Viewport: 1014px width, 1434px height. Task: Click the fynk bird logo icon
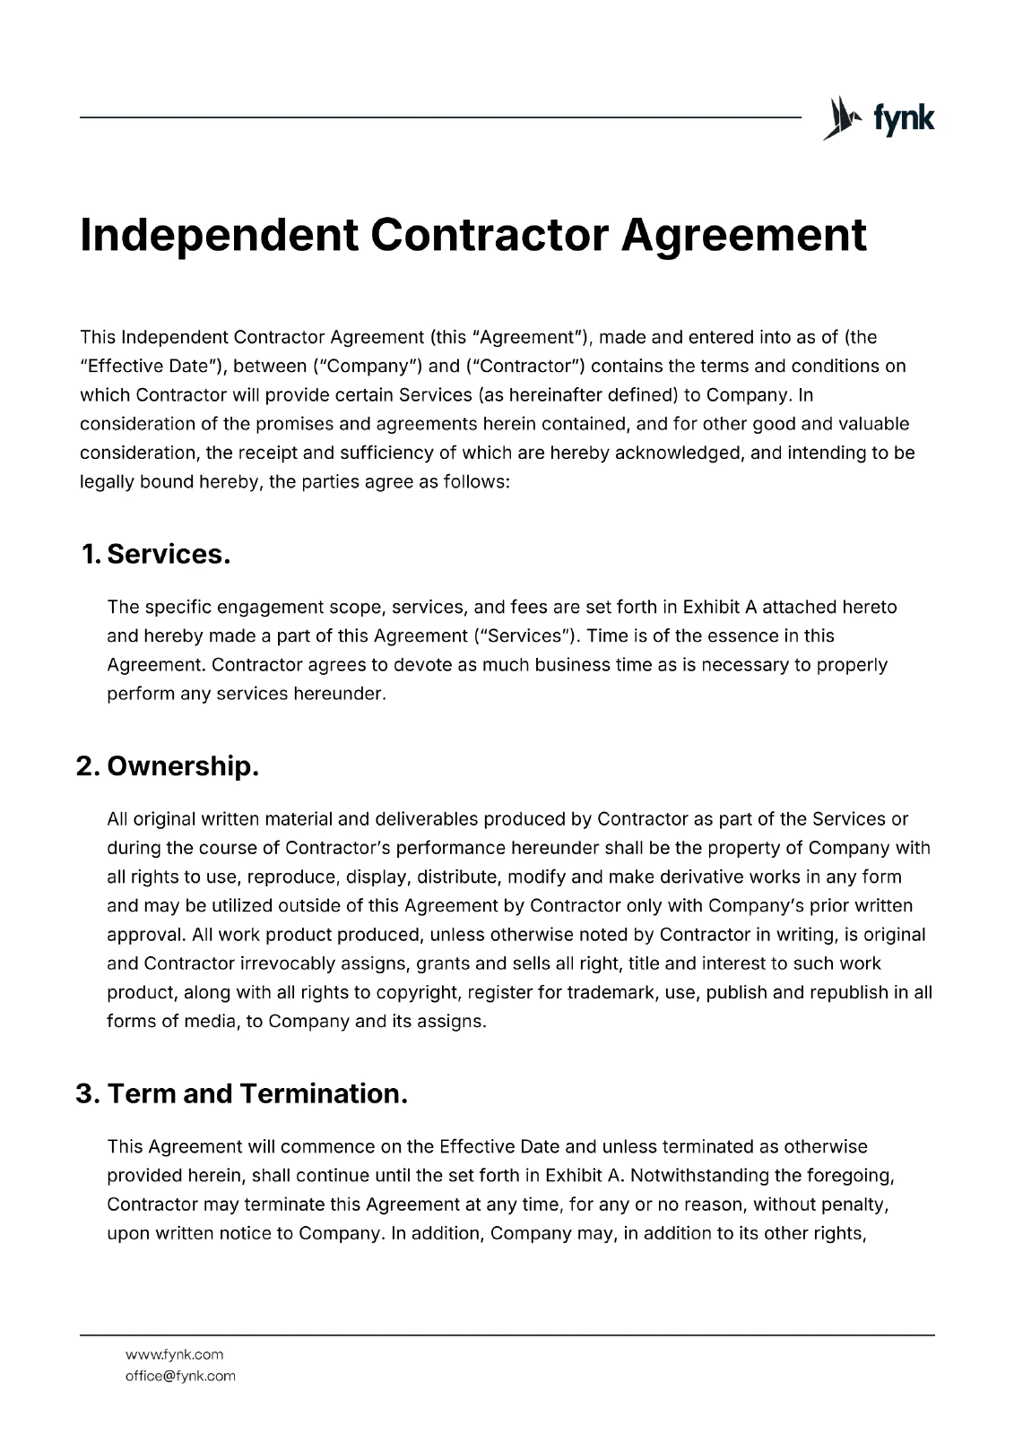coord(841,118)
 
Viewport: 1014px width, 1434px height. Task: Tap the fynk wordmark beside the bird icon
coord(904,118)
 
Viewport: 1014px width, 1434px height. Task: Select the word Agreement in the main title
coord(744,235)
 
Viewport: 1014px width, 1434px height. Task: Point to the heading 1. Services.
coord(156,554)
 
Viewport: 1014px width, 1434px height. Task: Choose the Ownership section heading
coord(169,766)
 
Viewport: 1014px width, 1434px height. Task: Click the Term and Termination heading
coord(242,1093)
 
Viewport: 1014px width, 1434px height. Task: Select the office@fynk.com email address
coord(180,1376)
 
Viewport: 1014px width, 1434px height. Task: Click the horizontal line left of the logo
coord(439,117)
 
